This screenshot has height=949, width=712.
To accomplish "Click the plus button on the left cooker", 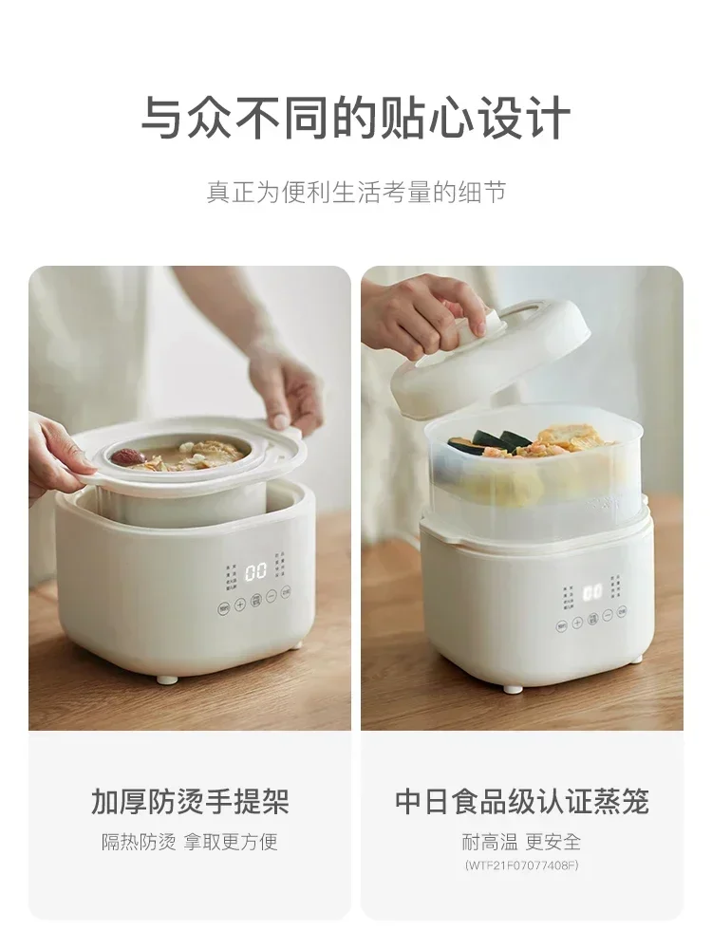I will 240,604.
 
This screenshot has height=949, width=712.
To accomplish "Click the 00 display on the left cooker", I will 255,572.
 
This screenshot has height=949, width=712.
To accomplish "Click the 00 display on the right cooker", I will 592,592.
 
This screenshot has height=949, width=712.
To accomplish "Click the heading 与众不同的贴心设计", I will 356,119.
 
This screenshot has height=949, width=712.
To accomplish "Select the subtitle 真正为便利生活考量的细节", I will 356,192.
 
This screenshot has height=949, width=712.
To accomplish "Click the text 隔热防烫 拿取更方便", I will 190,842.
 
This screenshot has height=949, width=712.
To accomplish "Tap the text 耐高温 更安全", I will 521,842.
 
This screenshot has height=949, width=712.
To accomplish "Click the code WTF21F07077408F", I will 521,865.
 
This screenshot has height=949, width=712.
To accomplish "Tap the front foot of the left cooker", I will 167,679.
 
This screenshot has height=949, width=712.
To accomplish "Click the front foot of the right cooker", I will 513,688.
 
